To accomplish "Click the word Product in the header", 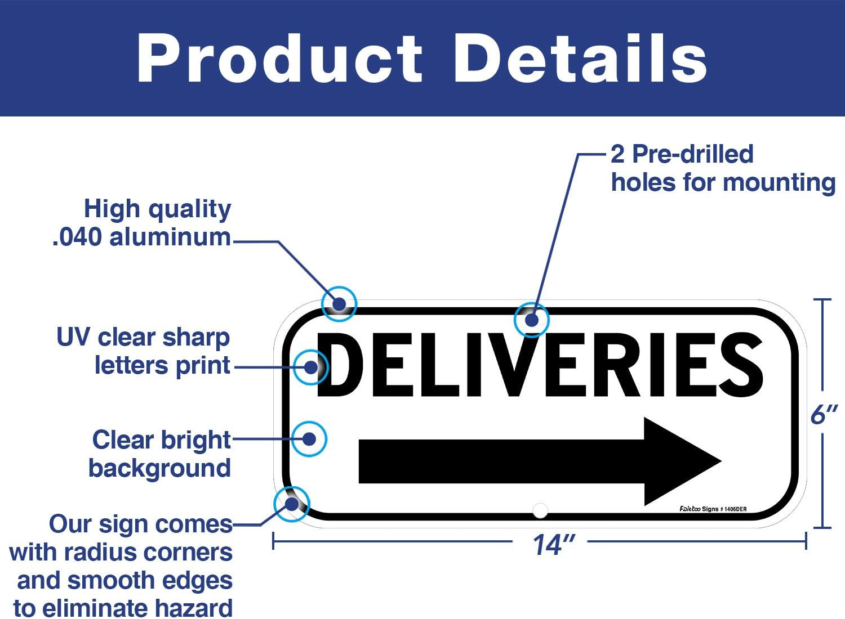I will (279, 59).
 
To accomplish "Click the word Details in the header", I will (580, 59).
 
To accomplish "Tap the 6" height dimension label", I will (823, 415).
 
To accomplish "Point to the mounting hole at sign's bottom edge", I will (540, 510).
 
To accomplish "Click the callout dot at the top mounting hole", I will (532, 320).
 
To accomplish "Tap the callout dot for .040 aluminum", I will (339, 304).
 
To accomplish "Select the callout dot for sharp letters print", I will (311, 367).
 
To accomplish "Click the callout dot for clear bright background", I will (309, 438).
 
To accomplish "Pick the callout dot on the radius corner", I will (291, 504).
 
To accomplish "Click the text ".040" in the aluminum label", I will (78, 237).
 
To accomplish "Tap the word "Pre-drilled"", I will (692, 154).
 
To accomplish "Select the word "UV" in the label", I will (74, 338).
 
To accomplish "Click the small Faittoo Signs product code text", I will (713, 509).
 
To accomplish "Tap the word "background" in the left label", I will (159, 468).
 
